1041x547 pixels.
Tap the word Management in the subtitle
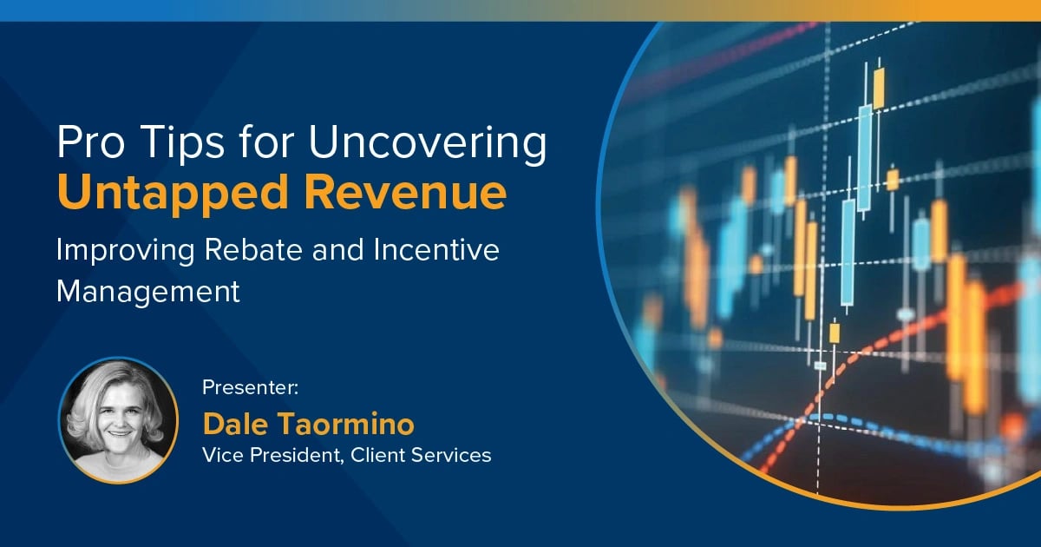pyautogui.click(x=147, y=291)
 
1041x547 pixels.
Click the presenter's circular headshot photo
pyautogui.click(x=118, y=418)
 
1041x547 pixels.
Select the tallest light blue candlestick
pyautogui.click(x=864, y=156)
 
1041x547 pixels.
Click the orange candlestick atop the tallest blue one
pyautogui.click(x=879, y=88)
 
